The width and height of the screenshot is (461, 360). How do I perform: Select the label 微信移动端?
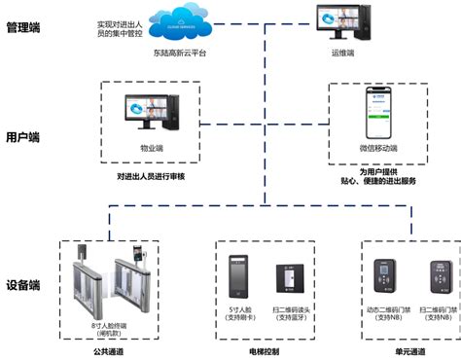(x=378, y=148)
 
